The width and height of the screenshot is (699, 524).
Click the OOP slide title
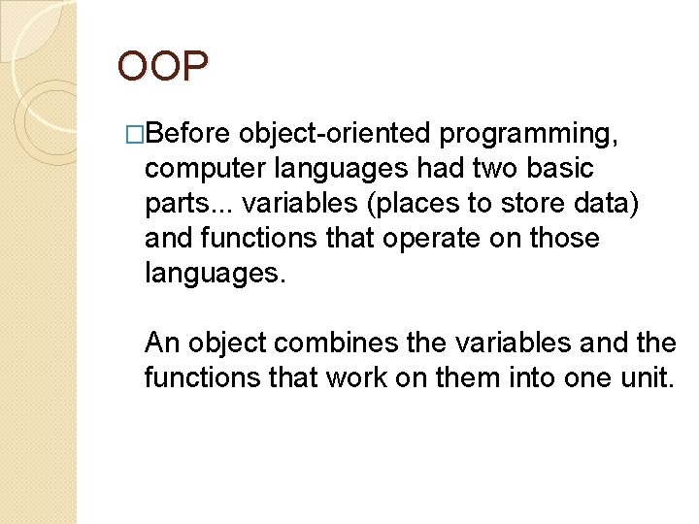pos(162,66)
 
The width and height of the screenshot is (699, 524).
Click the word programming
pos(539,134)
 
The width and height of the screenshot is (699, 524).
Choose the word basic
pos(560,168)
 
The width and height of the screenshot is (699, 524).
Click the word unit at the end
pos(646,377)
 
